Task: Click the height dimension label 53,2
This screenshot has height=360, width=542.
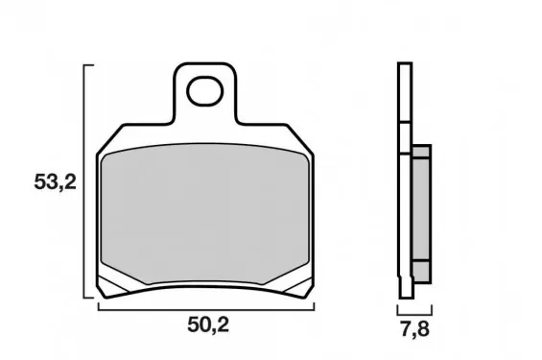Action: [55, 181]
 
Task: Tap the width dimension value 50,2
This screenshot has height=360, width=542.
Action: [208, 324]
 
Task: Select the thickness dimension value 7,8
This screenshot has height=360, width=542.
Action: [414, 329]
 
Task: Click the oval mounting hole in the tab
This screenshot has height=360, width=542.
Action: [204, 91]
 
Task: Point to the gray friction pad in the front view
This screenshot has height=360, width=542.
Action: [205, 214]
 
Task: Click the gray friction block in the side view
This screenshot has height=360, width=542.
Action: [422, 214]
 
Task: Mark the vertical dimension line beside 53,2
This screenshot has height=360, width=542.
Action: [84, 180]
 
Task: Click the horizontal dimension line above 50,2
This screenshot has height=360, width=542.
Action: [206, 310]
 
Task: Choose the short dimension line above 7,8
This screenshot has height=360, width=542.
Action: [414, 314]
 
